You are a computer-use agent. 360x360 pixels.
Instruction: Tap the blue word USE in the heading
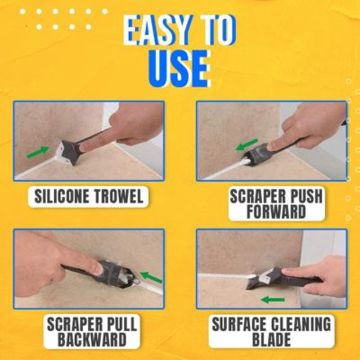pos(179,69)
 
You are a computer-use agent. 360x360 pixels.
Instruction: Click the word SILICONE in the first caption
pos(61,197)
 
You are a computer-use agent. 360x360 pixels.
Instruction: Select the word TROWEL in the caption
pos(118,197)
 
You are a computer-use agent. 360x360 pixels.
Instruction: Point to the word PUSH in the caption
pos(303,197)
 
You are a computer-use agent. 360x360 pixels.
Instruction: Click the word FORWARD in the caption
pos(276,211)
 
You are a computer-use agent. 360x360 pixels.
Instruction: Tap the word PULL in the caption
pos(121,324)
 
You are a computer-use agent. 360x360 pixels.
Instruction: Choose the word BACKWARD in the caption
pos(92,339)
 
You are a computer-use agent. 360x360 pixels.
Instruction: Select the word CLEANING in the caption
pos(301,324)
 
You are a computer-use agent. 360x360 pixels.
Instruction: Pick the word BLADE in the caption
pos(272,339)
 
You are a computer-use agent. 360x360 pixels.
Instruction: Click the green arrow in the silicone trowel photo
pos(38,151)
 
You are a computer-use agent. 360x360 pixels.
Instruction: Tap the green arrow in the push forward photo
pos(247,144)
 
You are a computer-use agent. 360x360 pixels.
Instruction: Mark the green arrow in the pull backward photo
pos(151,277)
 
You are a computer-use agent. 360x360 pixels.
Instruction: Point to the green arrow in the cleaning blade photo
pos(273,300)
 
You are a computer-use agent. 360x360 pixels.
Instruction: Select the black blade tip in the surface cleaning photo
pos(251,284)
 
